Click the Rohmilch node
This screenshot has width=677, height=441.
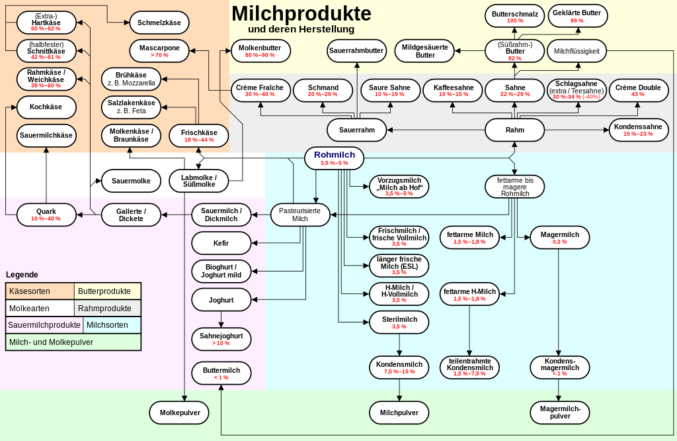pyautogui.click(x=334, y=158)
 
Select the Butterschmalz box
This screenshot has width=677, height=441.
pyautogui.click(x=514, y=17)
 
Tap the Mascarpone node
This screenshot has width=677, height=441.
pyautogui.click(x=159, y=50)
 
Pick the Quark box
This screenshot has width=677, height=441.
pyautogui.click(x=46, y=215)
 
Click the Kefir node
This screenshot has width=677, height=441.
pyautogui.click(x=221, y=243)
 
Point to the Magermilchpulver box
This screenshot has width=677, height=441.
pyautogui.click(x=560, y=413)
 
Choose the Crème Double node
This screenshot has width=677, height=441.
pyautogui.click(x=638, y=90)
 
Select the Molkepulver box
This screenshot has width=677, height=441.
pyautogui.click(x=180, y=413)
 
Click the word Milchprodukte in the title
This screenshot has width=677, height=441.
pyautogui.click(x=301, y=13)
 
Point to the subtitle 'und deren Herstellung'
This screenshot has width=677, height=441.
pyautogui.click(x=301, y=29)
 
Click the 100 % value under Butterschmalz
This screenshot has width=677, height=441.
pyautogui.click(x=514, y=21)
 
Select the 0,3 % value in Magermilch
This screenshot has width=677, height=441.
pyautogui.click(x=559, y=242)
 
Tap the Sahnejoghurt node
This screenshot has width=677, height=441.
pyautogui.click(x=221, y=338)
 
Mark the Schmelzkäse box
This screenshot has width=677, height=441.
pyautogui.click(x=159, y=23)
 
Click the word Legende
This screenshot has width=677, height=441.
pyautogui.click(x=22, y=275)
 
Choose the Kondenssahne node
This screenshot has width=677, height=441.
pyautogui.click(x=638, y=130)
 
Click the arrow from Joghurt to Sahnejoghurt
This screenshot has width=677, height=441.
pyautogui.click(x=221, y=320)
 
